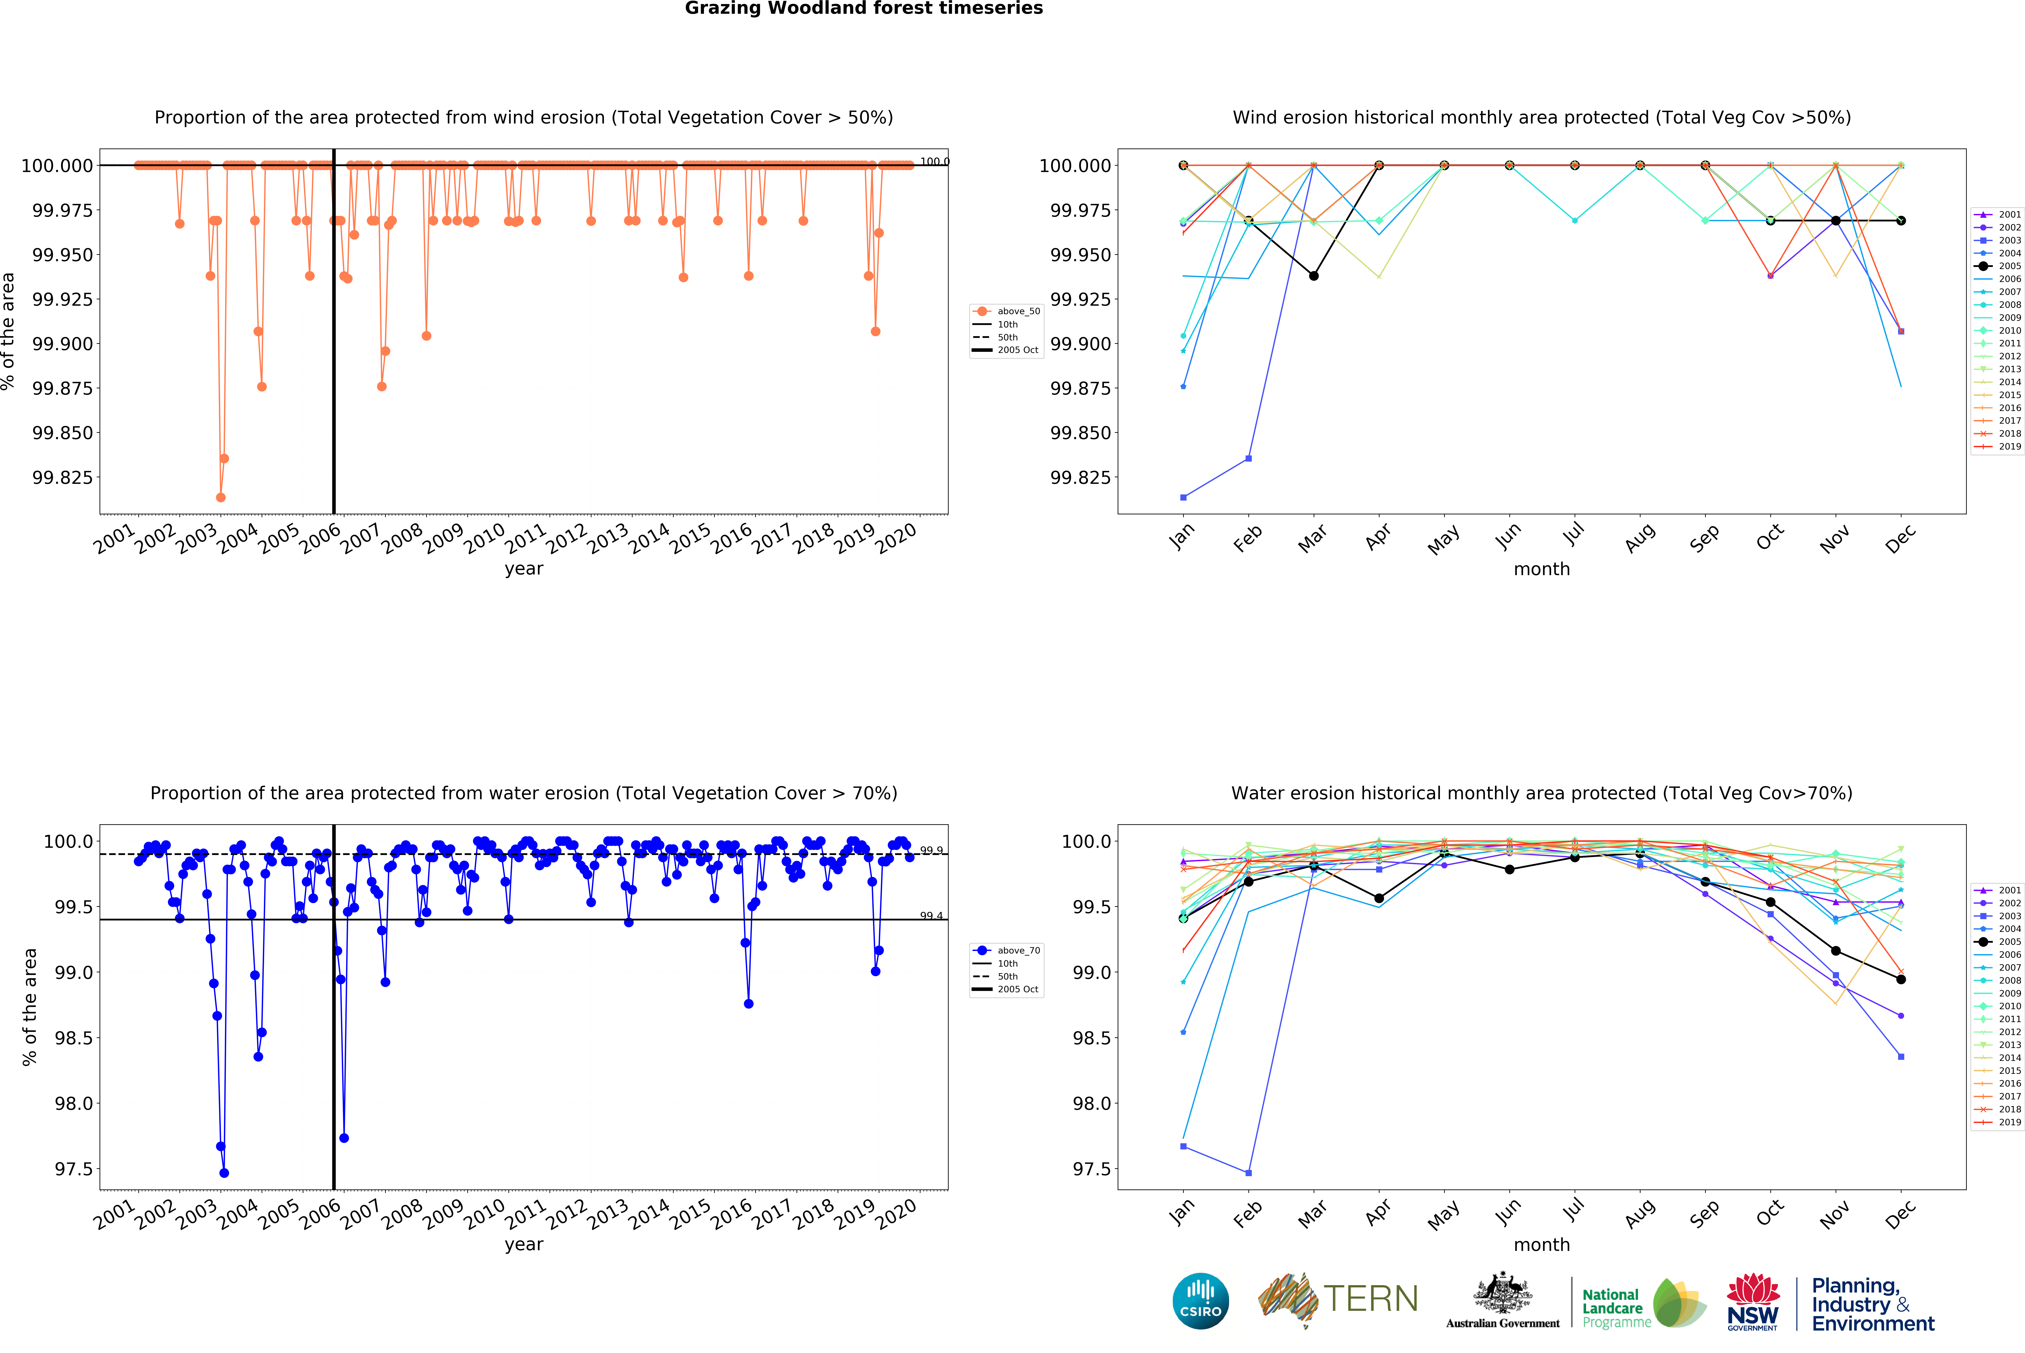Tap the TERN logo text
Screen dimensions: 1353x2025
click(x=1370, y=1299)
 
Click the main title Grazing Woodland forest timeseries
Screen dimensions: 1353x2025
click(x=864, y=9)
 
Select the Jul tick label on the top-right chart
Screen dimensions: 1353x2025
click(x=1574, y=535)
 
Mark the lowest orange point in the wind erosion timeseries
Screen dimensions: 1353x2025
click(x=221, y=497)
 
